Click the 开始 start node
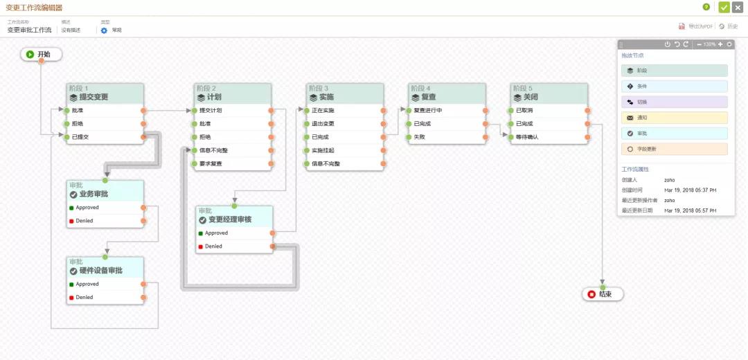tap(42, 54)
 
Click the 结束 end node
tap(603, 294)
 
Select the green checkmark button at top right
tap(724, 7)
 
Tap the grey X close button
tap(738, 7)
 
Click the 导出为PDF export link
tap(695, 26)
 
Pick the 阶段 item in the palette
tap(674, 71)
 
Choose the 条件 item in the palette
tap(674, 87)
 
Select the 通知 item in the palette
tap(674, 118)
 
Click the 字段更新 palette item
tap(674, 149)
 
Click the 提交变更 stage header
tap(105, 97)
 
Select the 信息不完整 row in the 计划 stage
tap(231, 150)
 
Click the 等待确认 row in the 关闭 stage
tap(548, 136)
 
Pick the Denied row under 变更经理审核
tap(235, 246)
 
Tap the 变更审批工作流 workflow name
tap(29, 30)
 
